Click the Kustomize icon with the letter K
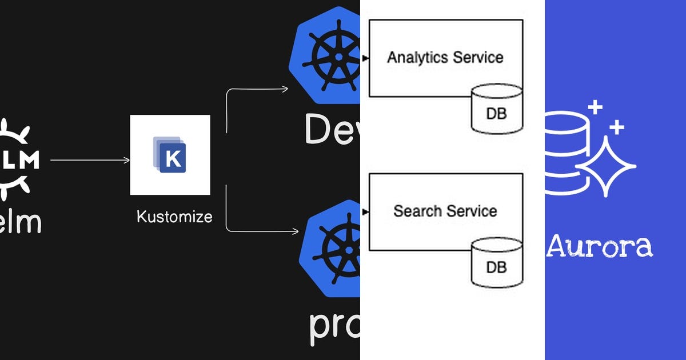pos(170,155)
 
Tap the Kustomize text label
pos(174,217)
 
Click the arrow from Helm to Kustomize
pos(90,161)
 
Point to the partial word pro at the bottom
pos(334,326)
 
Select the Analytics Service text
pos(445,57)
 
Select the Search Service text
pos(445,211)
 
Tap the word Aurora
pos(600,246)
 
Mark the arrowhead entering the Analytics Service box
pos(366,58)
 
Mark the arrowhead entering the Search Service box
pos(366,211)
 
